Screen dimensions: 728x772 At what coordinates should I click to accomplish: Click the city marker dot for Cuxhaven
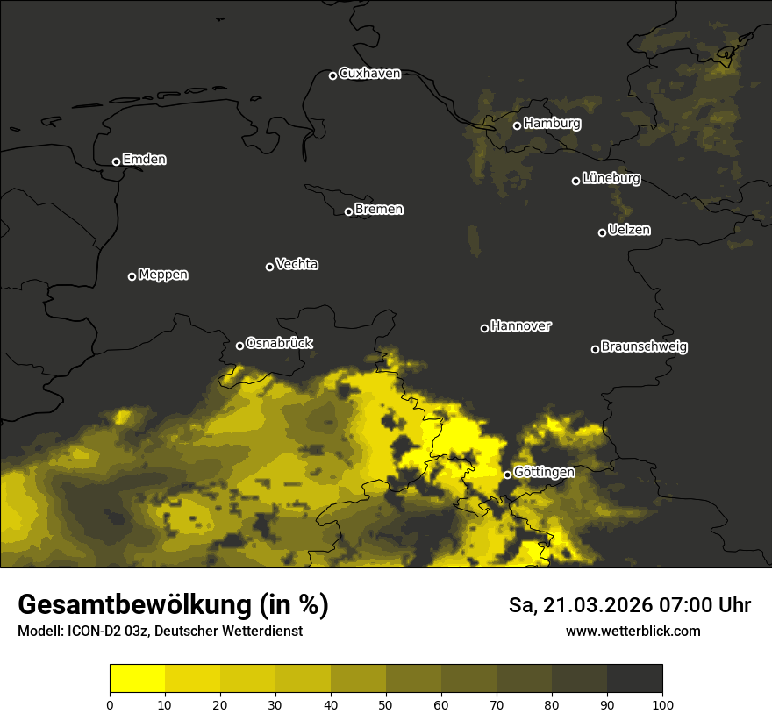tap(332, 75)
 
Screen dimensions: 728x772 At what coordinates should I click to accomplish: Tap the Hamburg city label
tap(552, 124)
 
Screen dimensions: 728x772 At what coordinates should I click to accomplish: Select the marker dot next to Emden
tap(116, 161)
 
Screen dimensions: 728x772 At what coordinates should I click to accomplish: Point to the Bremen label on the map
tap(379, 210)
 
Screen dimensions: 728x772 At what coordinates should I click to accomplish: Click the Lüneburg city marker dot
tap(575, 181)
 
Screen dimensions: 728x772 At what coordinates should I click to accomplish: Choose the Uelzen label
tap(629, 230)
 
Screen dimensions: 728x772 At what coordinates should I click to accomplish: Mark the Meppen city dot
tap(132, 276)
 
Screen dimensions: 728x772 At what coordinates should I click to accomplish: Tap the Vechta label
tap(297, 264)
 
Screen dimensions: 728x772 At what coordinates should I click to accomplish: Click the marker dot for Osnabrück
tap(239, 346)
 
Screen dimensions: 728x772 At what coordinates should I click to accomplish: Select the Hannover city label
tap(521, 326)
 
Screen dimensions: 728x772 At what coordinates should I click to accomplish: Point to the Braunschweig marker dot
tap(595, 349)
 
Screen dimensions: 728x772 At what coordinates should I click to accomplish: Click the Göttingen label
tap(544, 473)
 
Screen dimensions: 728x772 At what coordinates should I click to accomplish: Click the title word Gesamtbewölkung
tap(132, 605)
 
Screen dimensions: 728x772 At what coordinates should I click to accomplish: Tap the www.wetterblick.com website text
tap(633, 631)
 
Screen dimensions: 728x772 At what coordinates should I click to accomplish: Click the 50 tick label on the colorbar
tap(386, 704)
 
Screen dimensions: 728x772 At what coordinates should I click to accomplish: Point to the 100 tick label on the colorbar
tap(662, 704)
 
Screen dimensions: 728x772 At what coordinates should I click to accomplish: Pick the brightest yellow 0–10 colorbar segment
tap(138, 679)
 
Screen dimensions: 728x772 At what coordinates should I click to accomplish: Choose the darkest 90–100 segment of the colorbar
tap(634, 679)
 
